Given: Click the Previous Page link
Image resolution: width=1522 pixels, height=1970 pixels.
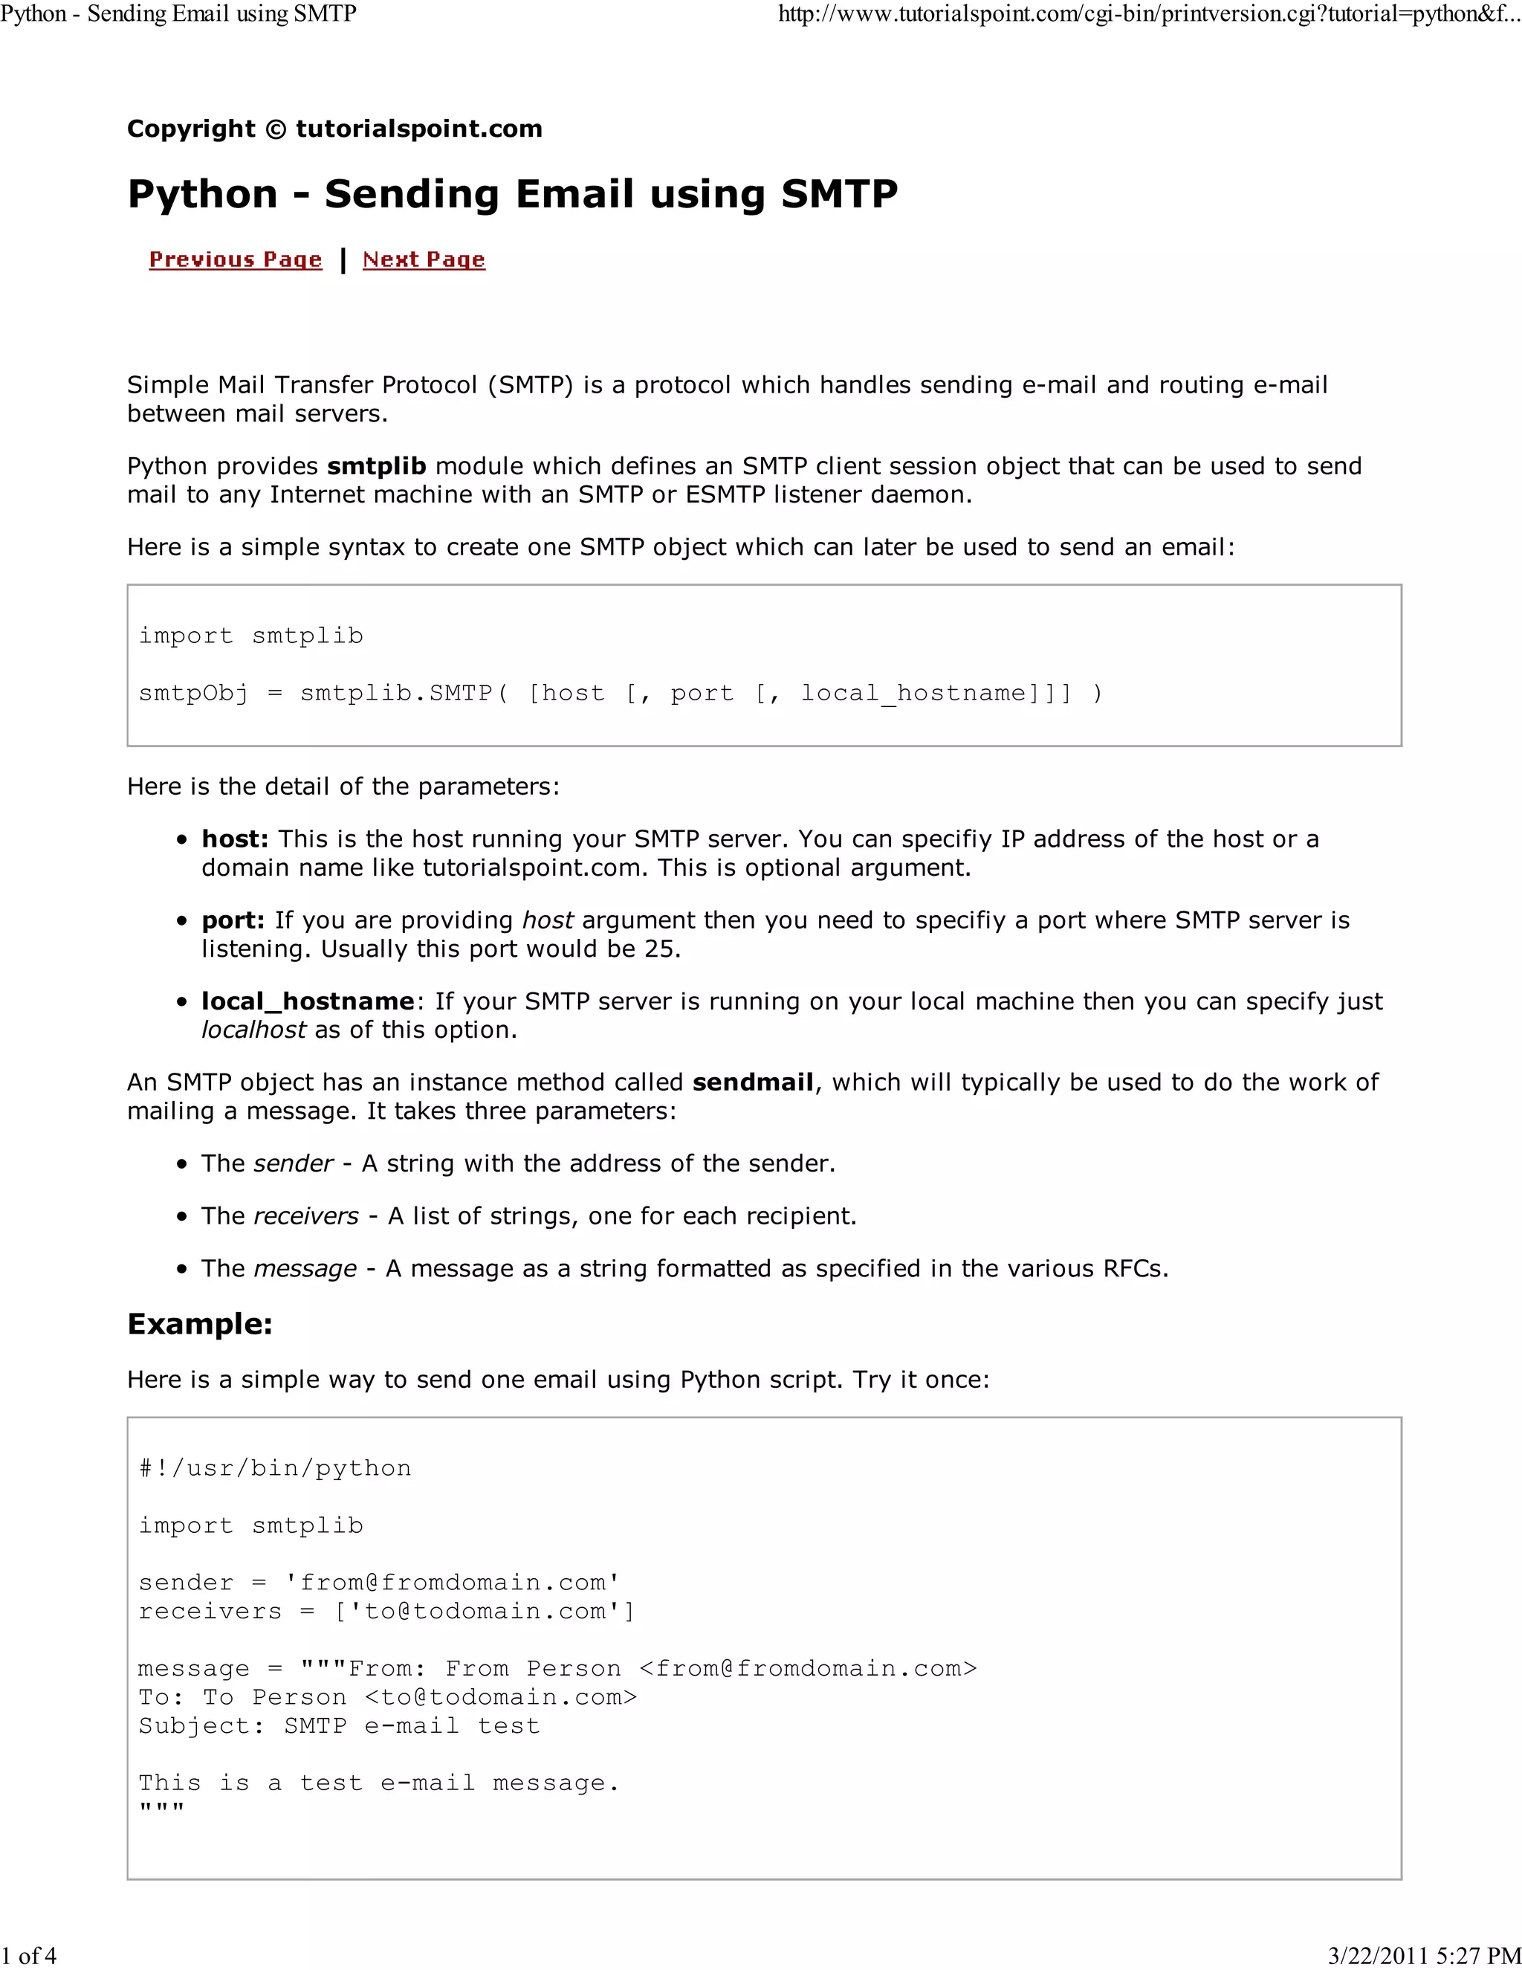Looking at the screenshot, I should point(236,259).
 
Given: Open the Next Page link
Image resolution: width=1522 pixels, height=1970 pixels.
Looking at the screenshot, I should point(424,259).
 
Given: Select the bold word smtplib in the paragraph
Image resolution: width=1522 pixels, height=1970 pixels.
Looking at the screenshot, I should point(376,466).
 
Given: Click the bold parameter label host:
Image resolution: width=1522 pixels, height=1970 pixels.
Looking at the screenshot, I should point(234,839).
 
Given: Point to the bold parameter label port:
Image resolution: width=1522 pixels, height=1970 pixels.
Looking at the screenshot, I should point(233,920).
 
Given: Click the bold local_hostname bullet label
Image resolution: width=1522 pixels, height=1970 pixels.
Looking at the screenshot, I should point(308,1001).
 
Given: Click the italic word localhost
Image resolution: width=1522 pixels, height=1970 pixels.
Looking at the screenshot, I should point(253,1030).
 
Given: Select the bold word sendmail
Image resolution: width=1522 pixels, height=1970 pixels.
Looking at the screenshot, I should point(753,1082).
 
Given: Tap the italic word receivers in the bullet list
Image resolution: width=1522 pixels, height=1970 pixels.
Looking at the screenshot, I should point(305,1216).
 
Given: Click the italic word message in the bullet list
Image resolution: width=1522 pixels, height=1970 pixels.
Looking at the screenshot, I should point(305,1268).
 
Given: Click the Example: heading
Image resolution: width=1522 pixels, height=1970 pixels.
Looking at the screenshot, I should point(199,1324).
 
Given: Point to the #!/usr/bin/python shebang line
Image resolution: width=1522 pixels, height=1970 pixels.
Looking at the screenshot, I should point(275,1467).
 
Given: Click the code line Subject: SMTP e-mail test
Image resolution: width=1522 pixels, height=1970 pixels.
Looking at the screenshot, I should point(339,1725).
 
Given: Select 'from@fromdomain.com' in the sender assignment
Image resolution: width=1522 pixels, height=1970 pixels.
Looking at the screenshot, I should point(452,1582).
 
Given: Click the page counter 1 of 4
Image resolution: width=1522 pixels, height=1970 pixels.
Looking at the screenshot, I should point(29,1956).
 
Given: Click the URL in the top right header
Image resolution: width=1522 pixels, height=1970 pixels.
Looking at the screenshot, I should point(1147,13).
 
